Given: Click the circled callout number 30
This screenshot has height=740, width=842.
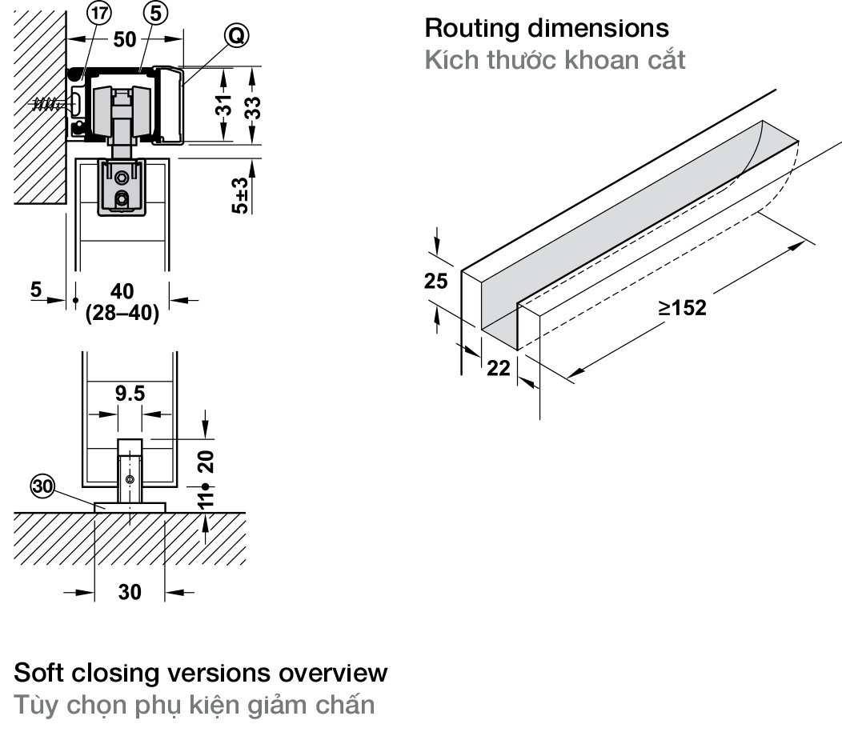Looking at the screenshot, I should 42,485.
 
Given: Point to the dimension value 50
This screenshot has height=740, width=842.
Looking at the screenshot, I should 124,38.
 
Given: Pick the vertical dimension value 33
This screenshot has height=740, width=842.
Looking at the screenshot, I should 253,105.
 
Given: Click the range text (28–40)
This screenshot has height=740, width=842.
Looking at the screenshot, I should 122,313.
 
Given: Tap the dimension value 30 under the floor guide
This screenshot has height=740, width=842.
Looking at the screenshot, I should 130,593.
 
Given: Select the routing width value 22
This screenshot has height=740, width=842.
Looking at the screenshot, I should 499,369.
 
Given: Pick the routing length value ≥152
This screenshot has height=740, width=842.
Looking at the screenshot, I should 682,307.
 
